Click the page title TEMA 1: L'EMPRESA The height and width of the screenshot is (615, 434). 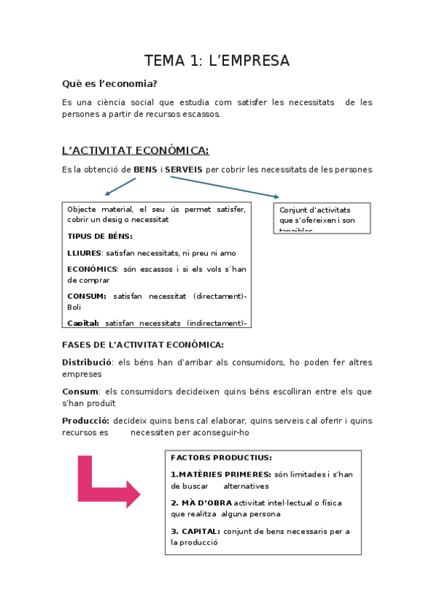click(217, 60)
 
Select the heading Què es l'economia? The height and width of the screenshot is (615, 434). click(109, 84)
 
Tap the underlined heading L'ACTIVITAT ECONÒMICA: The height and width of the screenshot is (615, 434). click(135, 150)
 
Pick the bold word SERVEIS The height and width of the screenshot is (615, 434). click(184, 170)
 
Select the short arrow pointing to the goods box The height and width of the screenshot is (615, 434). click(120, 186)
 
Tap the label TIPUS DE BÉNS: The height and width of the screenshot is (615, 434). click(100, 236)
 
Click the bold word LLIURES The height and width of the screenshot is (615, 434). click(83, 253)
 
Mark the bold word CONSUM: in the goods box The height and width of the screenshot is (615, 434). click(87, 296)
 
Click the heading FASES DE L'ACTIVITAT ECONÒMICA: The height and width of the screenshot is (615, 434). click(143, 344)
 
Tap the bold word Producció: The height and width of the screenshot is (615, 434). click(86, 421)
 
